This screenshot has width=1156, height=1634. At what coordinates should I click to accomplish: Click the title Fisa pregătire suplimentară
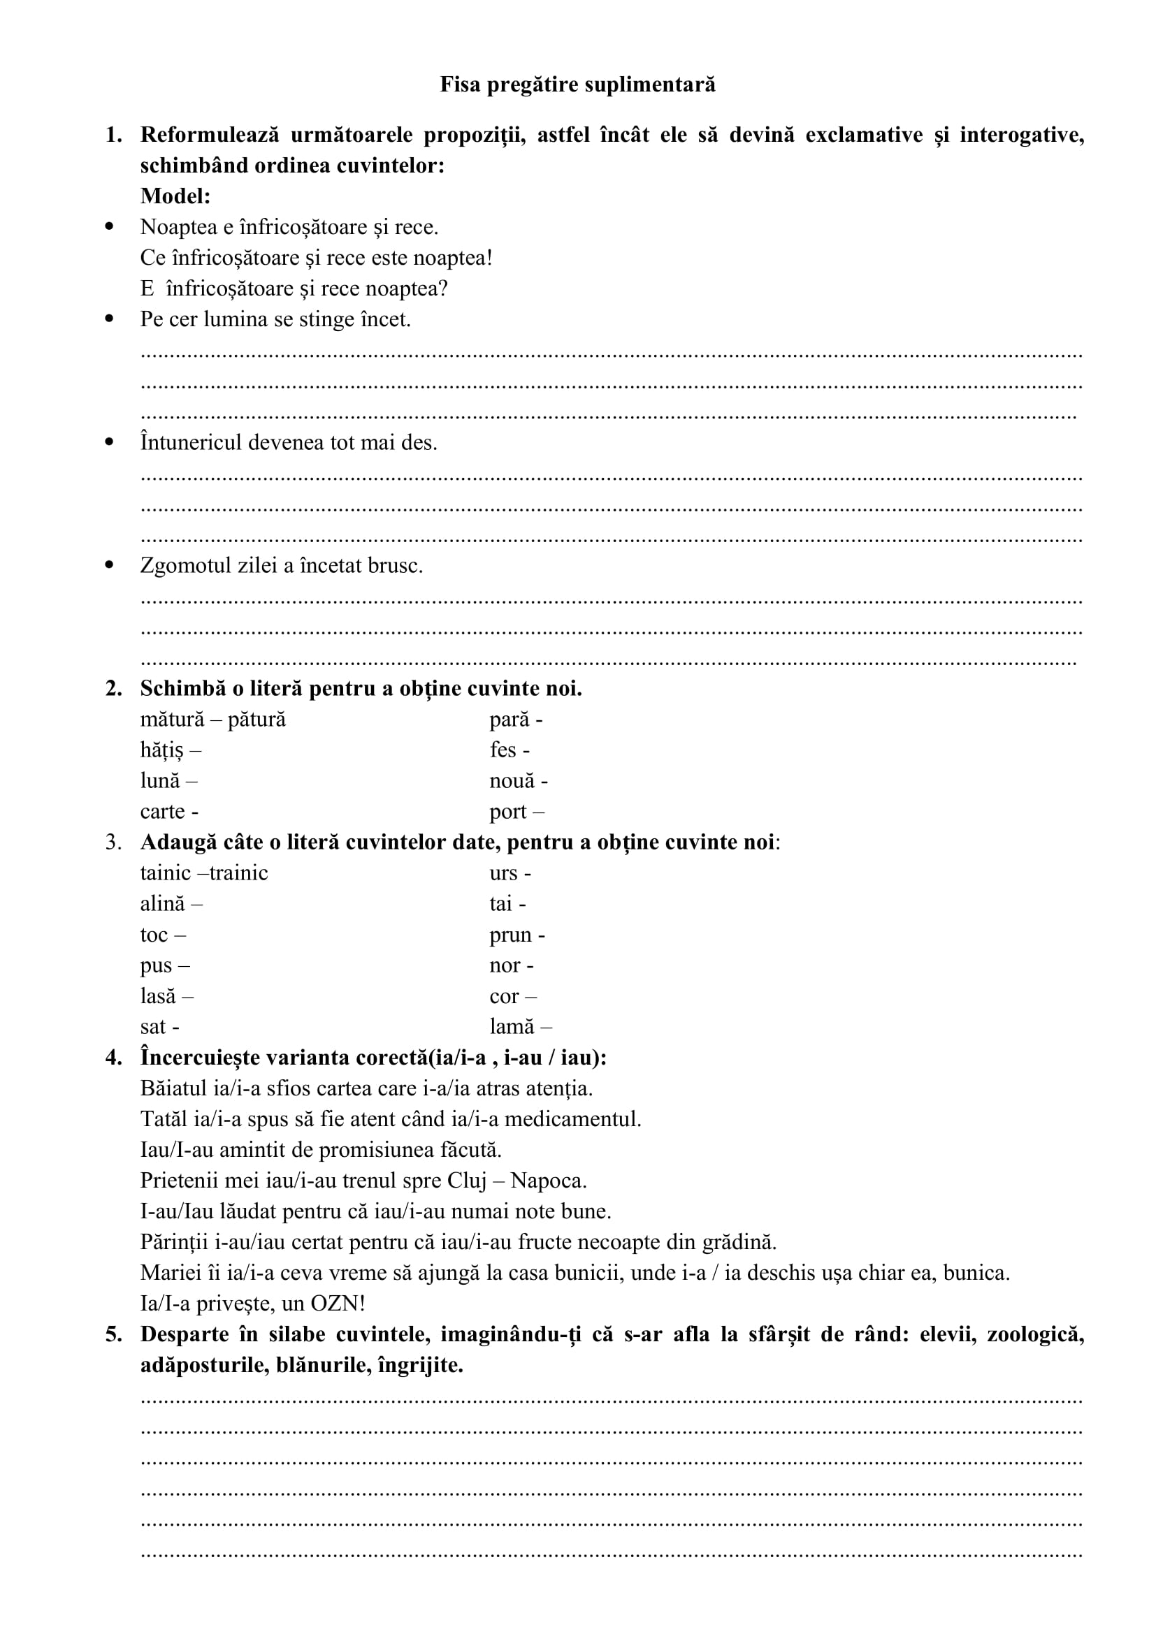click(x=577, y=85)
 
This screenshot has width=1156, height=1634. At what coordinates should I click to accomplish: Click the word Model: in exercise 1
click(x=175, y=196)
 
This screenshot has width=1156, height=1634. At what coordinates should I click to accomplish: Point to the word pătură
click(x=257, y=720)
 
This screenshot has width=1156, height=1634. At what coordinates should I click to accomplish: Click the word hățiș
click(x=161, y=750)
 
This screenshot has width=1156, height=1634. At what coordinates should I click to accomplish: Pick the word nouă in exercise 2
click(x=512, y=782)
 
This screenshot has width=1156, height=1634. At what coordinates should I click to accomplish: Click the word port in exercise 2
click(x=507, y=812)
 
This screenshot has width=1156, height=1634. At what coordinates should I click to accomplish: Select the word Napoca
click(x=548, y=1181)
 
